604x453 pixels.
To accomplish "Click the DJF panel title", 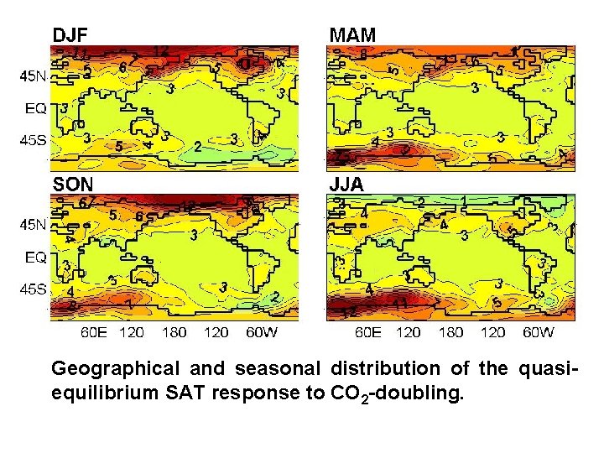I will coord(71,34).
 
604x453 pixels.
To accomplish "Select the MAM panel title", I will coord(352,34).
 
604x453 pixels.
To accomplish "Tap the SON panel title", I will coord(73,184).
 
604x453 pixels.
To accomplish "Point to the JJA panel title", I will coord(346,185).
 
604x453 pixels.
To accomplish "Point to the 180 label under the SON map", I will coord(174,332).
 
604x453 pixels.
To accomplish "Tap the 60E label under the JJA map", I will coord(368,332).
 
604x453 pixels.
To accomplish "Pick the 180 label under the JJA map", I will coord(450,332).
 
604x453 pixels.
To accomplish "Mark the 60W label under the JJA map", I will coord(537,332).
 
